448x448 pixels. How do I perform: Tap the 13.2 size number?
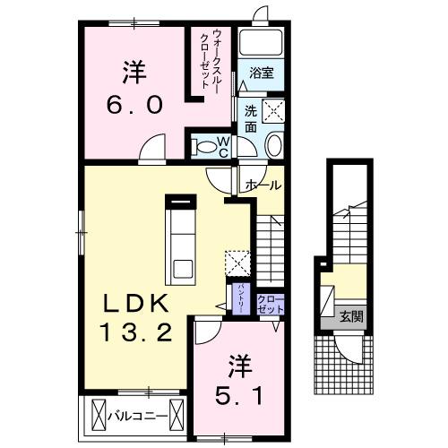coord(134,333)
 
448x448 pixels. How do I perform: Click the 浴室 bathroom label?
coord(261,72)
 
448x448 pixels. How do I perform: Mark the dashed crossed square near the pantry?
coord(237,262)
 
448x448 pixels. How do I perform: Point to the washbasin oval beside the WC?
coord(274,147)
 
